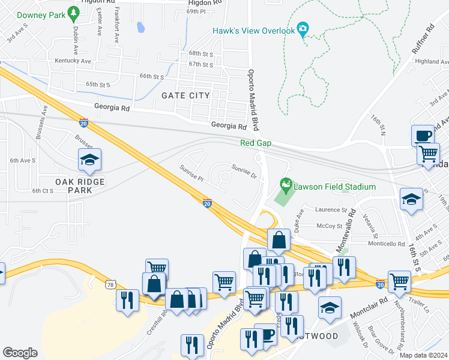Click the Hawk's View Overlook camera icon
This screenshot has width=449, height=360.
[x=303, y=29]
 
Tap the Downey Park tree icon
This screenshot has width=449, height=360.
[x=73, y=13]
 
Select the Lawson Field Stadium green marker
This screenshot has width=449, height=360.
[x=286, y=184]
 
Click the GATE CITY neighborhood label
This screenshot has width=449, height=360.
[x=186, y=95]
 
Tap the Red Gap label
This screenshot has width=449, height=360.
[x=256, y=143]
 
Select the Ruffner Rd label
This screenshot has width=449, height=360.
[x=423, y=40]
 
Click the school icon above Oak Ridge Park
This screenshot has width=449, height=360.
[x=89, y=159]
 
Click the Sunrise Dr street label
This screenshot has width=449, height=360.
[x=244, y=172]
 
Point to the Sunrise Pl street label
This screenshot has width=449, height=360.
[x=191, y=174]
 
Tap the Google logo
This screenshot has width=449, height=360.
[x=20, y=353]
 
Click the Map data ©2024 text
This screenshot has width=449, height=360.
[x=423, y=355]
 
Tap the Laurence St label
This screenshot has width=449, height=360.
[x=333, y=211]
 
